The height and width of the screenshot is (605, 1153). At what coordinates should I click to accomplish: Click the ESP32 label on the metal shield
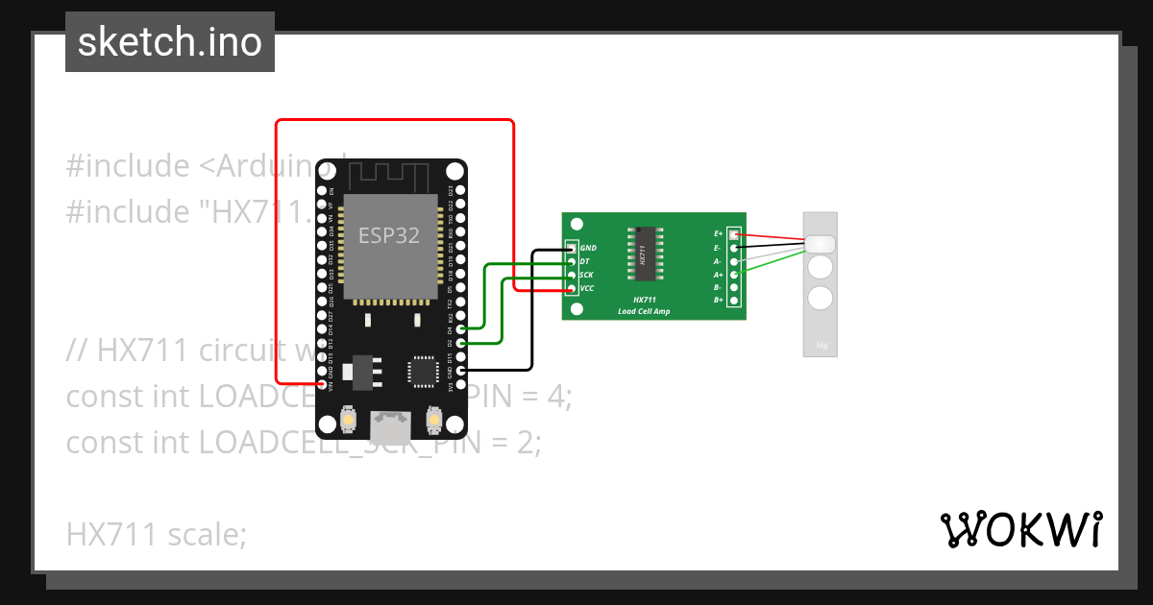[x=388, y=235]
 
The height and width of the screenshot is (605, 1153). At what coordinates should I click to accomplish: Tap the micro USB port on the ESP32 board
[x=391, y=421]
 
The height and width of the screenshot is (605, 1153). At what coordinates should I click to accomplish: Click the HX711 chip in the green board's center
[x=645, y=254]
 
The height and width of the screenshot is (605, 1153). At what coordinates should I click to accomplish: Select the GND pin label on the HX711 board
[x=589, y=248]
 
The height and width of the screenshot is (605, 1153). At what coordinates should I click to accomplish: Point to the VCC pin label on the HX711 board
[x=588, y=288]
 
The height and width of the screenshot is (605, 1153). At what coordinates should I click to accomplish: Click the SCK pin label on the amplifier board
[x=587, y=275]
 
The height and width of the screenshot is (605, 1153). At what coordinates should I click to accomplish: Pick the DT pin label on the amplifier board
[x=585, y=261]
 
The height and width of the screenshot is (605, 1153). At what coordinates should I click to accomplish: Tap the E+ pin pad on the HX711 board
[x=735, y=233]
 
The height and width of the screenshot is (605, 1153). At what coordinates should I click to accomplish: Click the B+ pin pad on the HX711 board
[x=735, y=301]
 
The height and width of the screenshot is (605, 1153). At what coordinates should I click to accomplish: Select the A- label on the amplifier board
[x=718, y=261]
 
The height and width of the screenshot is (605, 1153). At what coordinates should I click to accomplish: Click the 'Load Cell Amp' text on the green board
[x=644, y=311]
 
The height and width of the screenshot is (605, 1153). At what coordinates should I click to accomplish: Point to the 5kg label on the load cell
[x=821, y=344]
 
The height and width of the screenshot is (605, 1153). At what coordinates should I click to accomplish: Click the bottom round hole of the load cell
[x=820, y=298]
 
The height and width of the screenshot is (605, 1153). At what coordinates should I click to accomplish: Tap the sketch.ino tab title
[x=170, y=42]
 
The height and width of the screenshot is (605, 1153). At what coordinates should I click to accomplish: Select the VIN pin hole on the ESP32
[x=323, y=383]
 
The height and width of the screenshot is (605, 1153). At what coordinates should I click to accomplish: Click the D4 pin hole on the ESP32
[x=460, y=328]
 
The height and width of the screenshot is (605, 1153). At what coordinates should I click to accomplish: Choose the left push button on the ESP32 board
[x=349, y=420]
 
